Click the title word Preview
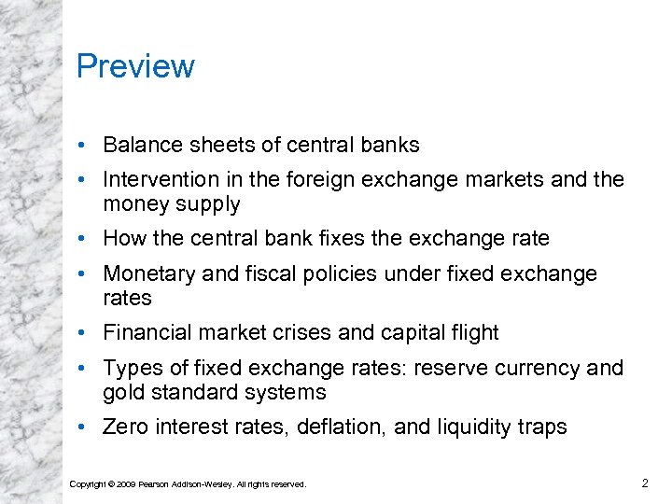tap(135, 67)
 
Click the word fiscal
tap(257, 274)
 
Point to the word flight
tap(473, 333)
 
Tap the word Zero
tap(125, 427)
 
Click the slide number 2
tap(645, 483)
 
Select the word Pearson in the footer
tap(155, 483)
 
